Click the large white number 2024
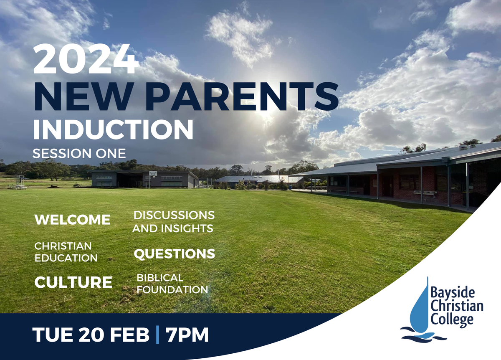point(86,58)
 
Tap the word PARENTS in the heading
point(242,96)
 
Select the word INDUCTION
point(113,129)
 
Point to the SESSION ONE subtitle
point(79,154)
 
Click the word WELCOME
point(73,220)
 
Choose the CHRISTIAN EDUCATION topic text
point(66,252)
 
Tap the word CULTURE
point(73,282)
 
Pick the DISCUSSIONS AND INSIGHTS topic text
point(174,222)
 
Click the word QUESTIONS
point(175,254)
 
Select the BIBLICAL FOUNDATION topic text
point(172,284)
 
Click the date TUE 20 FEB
point(91,335)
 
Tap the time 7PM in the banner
point(187,335)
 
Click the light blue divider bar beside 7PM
point(157,335)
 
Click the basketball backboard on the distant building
point(153,174)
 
